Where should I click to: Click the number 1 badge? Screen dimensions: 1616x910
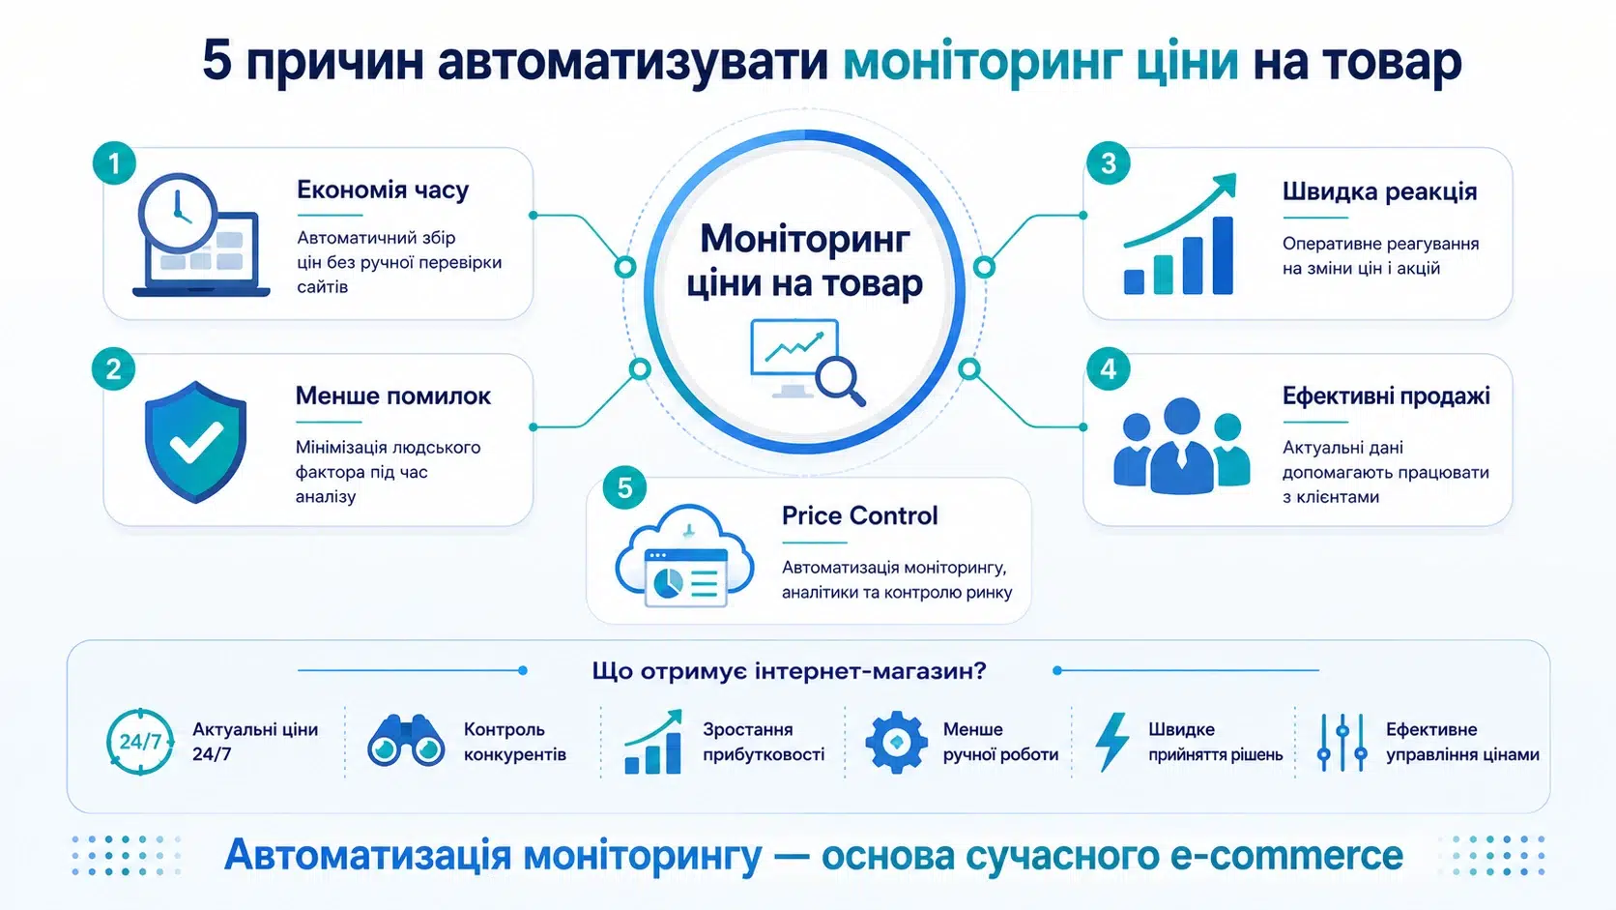(114, 163)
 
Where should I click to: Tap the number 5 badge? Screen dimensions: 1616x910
(624, 487)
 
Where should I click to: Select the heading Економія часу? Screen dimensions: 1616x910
(383, 190)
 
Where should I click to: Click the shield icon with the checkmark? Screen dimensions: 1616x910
(195, 442)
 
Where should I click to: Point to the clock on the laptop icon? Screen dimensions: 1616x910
(178, 212)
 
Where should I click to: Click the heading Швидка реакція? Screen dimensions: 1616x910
(1379, 191)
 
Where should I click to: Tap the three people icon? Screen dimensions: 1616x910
(1181, 446)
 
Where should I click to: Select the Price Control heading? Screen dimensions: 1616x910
(859, 515)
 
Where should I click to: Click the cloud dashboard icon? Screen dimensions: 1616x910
(684, 555)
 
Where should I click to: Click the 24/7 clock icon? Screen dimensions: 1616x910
(140, 741)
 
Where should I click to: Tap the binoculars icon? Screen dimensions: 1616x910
(405, 741)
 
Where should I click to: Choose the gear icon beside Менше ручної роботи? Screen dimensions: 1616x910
(896, 742)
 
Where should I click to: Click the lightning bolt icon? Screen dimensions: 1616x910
(1111, 742)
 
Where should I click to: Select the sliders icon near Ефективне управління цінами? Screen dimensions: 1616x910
(1342, 743)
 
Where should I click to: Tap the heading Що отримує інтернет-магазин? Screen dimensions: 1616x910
(790, 671)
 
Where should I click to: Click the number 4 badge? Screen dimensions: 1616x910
(1109, 369)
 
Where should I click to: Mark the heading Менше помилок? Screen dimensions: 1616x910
(393, 396)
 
